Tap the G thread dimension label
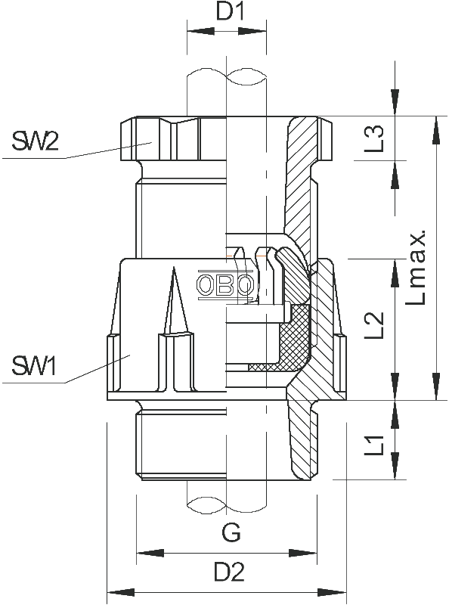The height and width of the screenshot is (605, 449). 231,532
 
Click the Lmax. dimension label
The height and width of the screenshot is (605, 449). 416,268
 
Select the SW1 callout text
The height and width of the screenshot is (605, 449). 34,366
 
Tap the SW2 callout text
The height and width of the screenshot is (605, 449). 35,141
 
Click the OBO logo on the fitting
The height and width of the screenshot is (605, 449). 226,286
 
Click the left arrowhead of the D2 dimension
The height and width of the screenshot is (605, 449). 120,592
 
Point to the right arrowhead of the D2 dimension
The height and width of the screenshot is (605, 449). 333,592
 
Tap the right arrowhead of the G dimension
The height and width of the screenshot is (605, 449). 303,553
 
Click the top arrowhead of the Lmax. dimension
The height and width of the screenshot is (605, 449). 436,130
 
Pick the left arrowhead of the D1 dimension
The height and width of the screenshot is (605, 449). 200,31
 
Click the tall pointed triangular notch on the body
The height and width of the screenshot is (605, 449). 175,300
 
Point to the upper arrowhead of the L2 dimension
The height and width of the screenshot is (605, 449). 395,273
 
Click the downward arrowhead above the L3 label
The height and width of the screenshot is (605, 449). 395,102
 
